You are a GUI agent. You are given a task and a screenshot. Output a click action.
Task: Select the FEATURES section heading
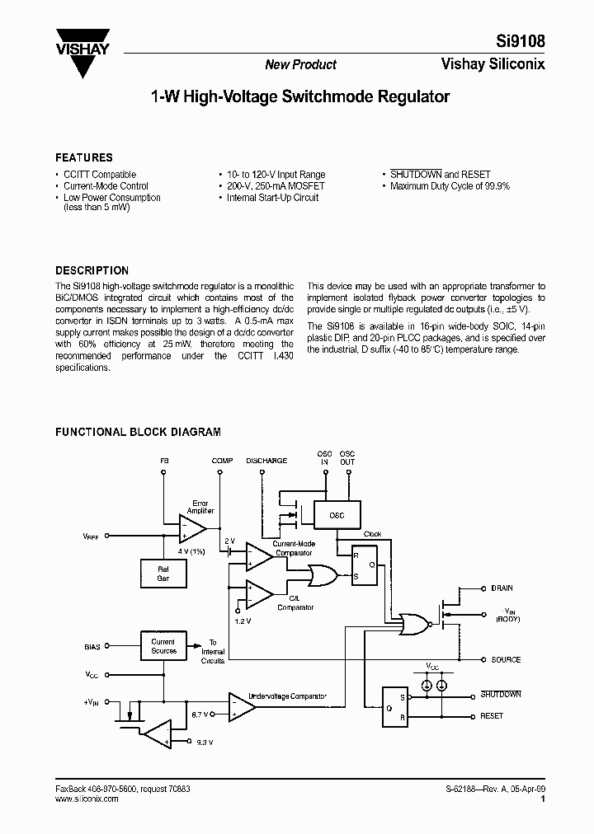pos(83,157)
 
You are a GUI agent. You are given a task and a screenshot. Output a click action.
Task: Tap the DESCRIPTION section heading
pos(92,270)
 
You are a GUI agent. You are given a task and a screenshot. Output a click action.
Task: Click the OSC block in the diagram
pos(337,516)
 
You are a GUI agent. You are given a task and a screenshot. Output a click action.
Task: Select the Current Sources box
pos(163,646)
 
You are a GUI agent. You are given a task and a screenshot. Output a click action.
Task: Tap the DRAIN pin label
pos(502,588)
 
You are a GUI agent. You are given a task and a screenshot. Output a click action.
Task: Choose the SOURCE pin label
pos(506,659)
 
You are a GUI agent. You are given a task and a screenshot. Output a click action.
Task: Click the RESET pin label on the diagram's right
pos(492,716)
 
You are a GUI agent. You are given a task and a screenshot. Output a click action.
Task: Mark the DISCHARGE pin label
pos(266,461)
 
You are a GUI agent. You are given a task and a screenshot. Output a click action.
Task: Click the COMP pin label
pos(222,461)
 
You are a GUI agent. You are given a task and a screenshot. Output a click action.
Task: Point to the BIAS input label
pos(92,646)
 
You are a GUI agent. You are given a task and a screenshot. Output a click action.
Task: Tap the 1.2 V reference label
pos(242,620)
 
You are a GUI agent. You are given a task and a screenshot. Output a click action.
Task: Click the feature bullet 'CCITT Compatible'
pos(100,175)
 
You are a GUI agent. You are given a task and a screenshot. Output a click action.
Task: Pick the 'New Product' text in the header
pos(300,64)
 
